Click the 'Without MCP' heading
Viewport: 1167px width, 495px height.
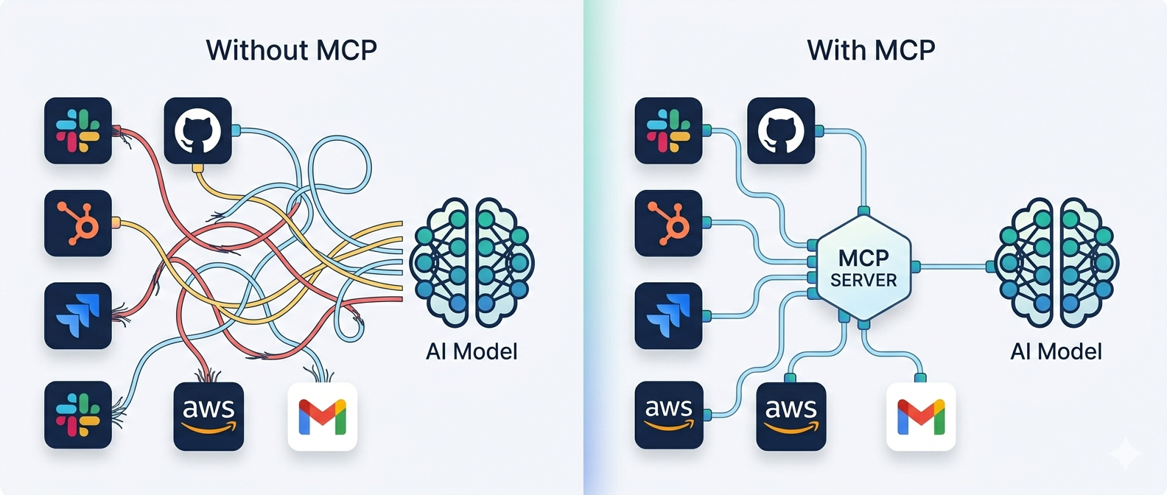(x=292, y=50)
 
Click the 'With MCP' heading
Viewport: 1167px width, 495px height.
(x=871, y=50)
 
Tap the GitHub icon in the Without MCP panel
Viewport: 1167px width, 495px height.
(x=197, y=130)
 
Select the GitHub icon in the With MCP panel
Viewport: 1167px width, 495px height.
(x=781, y=130)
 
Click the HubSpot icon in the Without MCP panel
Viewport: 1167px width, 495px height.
(x=78, y=223)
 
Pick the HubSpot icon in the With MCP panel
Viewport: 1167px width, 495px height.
(x=668, y=223)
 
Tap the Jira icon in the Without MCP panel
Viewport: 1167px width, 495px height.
(x=78, y=315)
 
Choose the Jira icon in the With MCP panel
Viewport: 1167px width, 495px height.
(x=668, y=315)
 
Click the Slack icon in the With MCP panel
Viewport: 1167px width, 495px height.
(x=668, y=130)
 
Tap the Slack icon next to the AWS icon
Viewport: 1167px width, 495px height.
(x=78, y=415)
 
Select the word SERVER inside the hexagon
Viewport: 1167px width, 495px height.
(x=863, y=281)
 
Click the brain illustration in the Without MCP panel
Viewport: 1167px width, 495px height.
(x=472, y=262)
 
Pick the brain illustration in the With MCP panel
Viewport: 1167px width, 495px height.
(x=1056, y=262)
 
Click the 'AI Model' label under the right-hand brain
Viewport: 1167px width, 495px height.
(x=1056, y=351)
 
